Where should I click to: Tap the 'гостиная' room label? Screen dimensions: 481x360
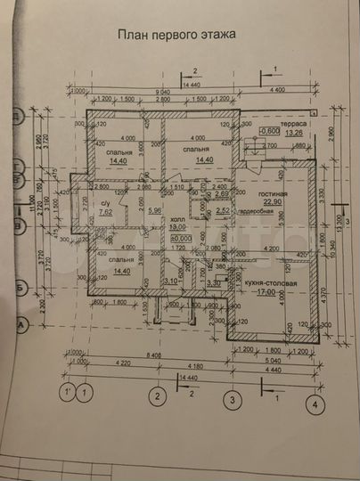pyautogui.click(x=274, y=193)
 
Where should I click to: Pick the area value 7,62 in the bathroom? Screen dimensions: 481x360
pyautogui.click(x=106, y=213)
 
